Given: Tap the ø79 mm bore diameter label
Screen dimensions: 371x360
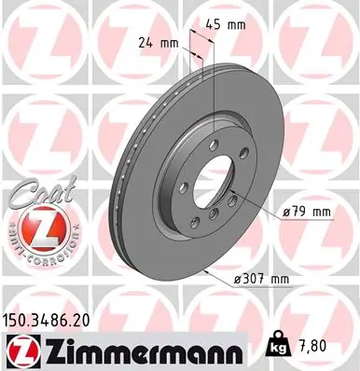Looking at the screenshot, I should tap(307, 212).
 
